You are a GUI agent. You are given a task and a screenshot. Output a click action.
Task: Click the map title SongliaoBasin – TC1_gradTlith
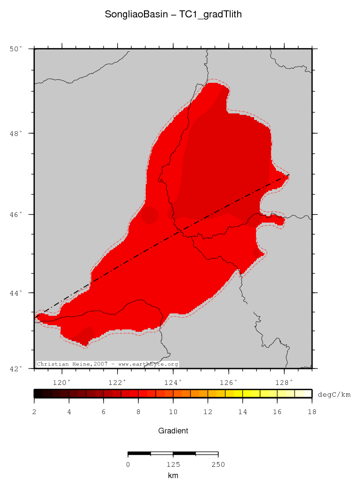pyautogui.click(x=173, y=15)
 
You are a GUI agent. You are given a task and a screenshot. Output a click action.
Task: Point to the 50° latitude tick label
pyautogui.click(x=16, y=49)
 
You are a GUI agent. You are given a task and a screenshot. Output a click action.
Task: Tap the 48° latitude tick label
pyautogui.click(x=16, y=134)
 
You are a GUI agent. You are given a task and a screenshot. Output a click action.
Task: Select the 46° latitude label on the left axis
pyautogui.click(x=16, y=215)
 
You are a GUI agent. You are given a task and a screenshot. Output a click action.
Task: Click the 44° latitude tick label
pyautogui.click(x=16, y=293)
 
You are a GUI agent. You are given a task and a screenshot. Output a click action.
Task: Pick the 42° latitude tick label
pyautogui.click(x=16, y=368)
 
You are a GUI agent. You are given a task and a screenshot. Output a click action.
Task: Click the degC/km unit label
pyautogui.click(x=334, y=394)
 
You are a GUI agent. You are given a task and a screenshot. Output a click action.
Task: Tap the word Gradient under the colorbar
pyautogui.click(x=173, y=431)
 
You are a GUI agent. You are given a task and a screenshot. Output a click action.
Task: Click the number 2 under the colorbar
pyautogui.click(x=34, y=412)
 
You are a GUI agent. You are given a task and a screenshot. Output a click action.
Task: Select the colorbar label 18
pyautogui.click(x=312, y=412)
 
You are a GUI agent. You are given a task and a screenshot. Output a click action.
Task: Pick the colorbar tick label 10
pyautogui.click(x=173, y=412)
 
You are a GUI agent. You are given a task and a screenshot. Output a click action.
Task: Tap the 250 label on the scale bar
pyautogui.click(x=218, y=465)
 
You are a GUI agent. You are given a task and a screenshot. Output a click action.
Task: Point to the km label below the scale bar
pyautogui.click(x=173, y=476)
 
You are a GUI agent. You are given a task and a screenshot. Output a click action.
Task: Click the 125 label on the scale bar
pyautogui.click(x=173, y=465)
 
